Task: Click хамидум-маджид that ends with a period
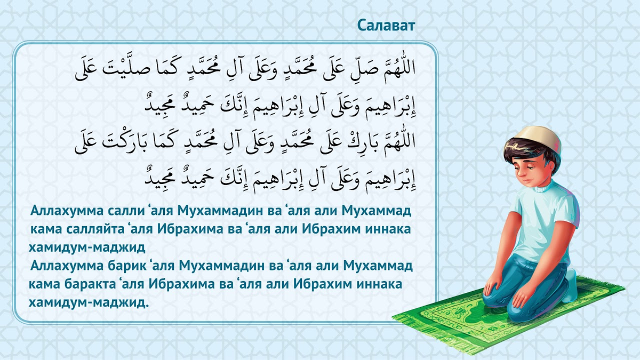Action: pos(89,302)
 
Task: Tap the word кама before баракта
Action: pos(46,284)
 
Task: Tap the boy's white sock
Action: pos(571,286)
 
